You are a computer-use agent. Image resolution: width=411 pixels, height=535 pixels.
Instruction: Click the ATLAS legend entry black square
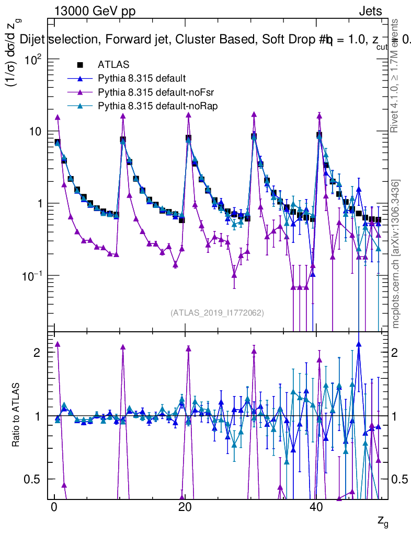(x=80, y=65)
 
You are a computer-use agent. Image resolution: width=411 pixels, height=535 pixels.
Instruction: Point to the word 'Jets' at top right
(x=370, y=11)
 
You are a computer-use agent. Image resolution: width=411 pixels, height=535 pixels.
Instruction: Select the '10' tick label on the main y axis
(x=36, y=131)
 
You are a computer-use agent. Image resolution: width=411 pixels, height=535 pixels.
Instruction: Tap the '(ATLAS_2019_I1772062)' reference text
(x=217, y=313)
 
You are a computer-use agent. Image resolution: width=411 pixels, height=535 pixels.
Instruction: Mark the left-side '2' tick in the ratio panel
(x=37, y=353)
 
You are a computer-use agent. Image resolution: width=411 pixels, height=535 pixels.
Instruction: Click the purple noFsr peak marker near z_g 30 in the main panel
(x=254, y=114)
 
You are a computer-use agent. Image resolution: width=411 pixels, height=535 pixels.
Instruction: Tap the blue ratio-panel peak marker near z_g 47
(x=359, y=344)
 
